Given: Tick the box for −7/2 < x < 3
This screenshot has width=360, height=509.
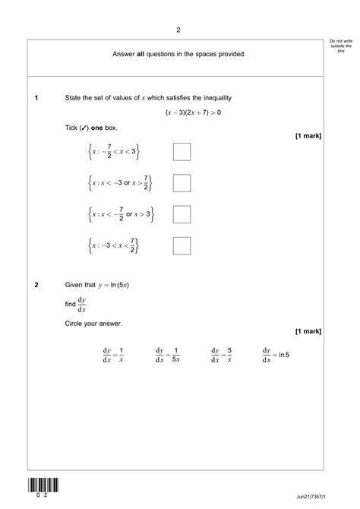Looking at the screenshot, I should [182, 152].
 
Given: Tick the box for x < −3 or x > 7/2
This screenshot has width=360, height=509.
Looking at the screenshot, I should [182, 183].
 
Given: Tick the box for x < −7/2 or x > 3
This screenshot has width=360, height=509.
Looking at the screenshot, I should [182, 214].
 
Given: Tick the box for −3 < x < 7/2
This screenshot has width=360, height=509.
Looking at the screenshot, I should [182, 245].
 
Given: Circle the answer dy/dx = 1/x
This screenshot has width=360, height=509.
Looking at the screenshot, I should [113, 354].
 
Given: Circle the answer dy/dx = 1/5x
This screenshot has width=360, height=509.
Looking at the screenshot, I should [167, 354].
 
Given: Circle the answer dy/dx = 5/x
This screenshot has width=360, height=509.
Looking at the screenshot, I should [221, 354].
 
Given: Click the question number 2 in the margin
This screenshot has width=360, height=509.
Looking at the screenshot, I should [36, 286].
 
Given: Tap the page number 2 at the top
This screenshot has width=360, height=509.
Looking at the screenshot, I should [178, 30].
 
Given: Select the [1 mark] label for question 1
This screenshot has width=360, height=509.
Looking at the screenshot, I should [308, 136].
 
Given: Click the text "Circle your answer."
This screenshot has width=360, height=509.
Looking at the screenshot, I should [93, 324].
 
